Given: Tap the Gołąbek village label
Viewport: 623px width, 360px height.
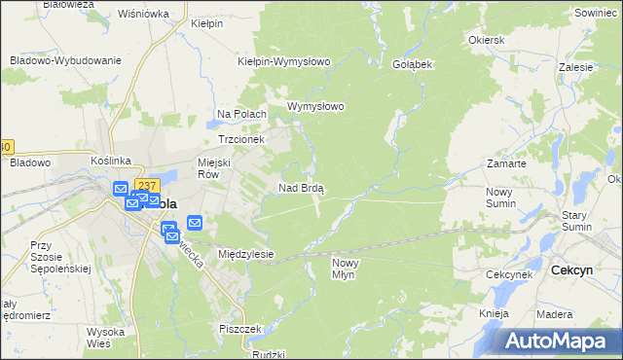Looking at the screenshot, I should click(x=412, y=63).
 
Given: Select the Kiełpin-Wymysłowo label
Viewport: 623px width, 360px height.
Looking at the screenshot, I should click(x=285, y=61).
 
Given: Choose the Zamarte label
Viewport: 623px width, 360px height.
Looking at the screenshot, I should click(x=506, y=163).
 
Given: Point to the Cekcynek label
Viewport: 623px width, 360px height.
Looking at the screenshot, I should click(x=509, y=274).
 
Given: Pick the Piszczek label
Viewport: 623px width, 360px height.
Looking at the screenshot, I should click(x=243, y=329).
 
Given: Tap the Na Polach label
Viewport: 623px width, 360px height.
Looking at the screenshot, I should click(x=241, y=114).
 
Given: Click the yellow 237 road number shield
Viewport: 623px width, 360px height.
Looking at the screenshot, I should click(x=146, y=186).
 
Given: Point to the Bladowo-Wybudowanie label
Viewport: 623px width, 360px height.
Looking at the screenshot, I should click(x=65, y=59).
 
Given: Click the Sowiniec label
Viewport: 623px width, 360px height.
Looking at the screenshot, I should click(x=596, y=13).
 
